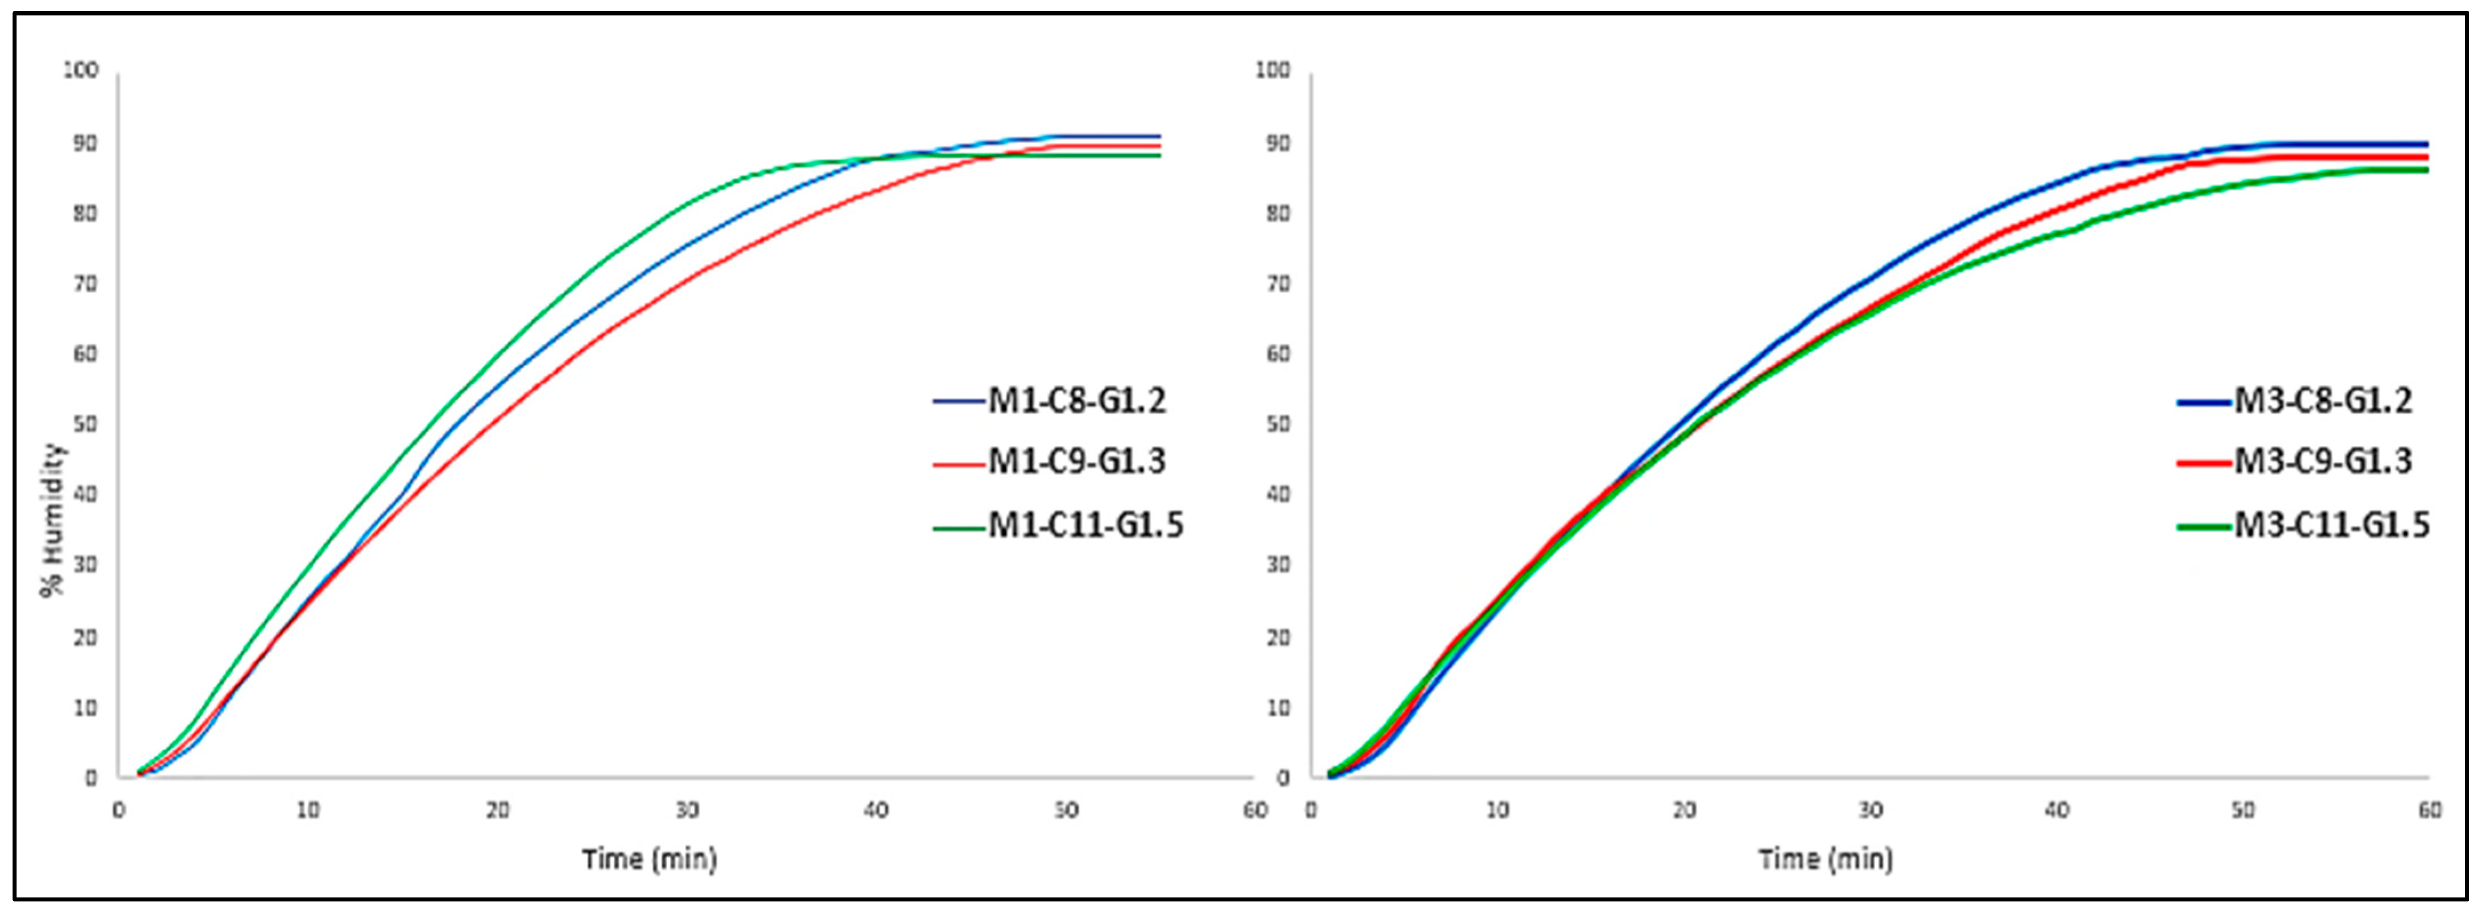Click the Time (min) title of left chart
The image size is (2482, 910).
[650, 858]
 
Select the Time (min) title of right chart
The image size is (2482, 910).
[1826, 858]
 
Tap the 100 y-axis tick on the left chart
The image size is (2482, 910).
[81, 70]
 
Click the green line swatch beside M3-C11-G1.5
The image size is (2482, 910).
[2205, 526]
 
